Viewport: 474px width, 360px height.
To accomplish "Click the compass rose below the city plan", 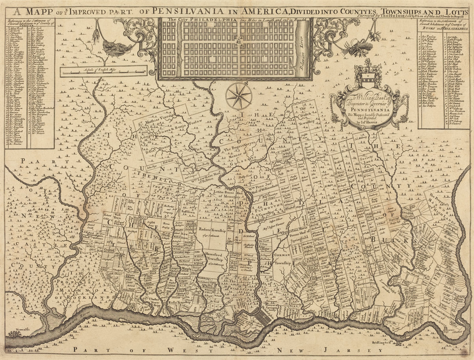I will (x=239, y=96).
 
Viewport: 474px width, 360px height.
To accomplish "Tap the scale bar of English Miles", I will (x=103, y=71).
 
